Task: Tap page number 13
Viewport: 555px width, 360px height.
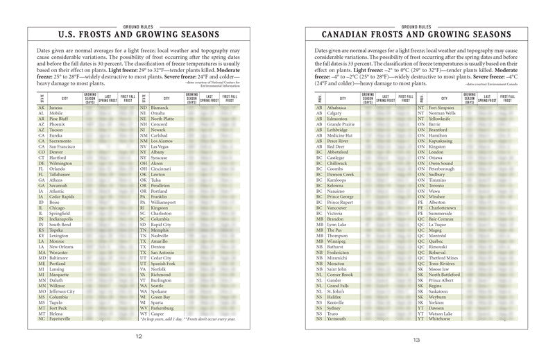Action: (416, 341)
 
